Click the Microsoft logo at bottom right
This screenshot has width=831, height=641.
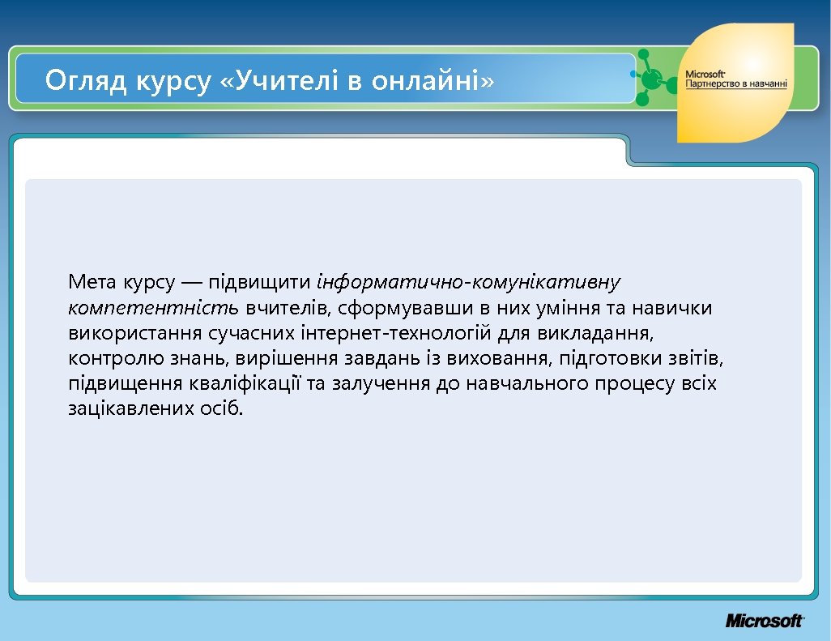[764, 621]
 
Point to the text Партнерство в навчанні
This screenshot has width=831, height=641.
[730, 84]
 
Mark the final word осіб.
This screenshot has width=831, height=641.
[219, 408]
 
